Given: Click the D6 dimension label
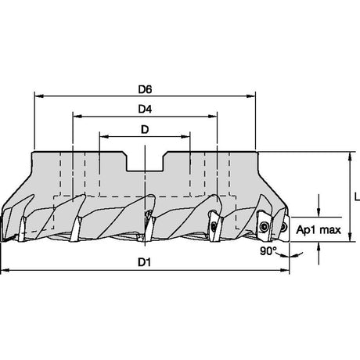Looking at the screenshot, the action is [145, 90].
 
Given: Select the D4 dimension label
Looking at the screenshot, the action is [145, 110].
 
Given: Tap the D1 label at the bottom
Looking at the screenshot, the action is [145, 262].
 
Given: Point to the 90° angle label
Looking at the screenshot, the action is [268, 251].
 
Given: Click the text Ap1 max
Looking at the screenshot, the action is [319, 230].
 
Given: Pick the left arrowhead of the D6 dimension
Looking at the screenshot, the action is [39, 96].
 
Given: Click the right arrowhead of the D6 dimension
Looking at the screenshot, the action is [250, 96].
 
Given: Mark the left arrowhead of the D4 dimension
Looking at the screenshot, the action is [77, 116].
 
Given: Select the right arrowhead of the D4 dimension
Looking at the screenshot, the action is [212, 116].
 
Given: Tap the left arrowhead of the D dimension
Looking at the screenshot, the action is [104, 136].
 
